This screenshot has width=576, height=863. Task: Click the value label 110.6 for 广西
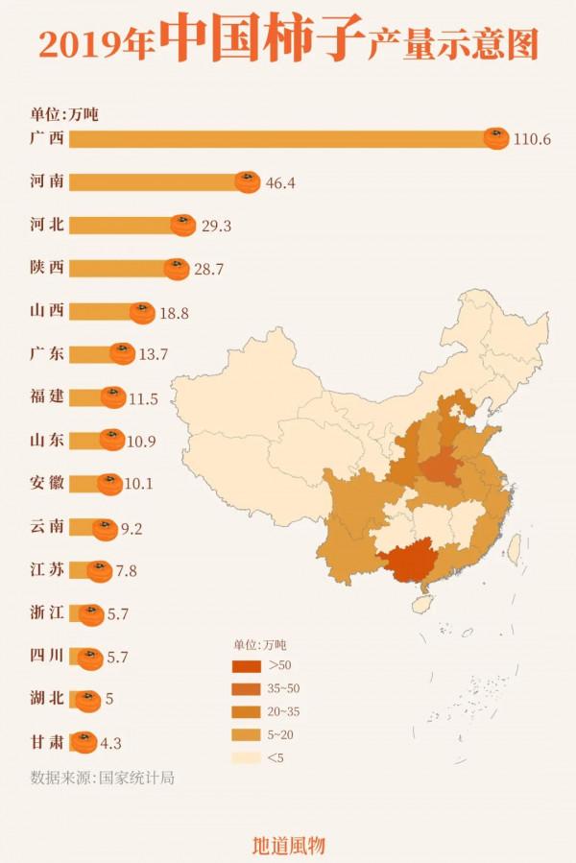tap(532, 139)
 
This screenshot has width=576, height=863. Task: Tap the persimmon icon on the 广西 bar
tap(495, 139)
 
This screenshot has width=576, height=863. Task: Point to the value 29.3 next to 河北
tap(216, 226)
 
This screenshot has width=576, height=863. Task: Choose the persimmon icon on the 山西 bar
tap(142, 312)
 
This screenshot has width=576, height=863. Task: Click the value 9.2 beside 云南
tap(135, 527)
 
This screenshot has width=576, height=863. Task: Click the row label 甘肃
tap(47, 741)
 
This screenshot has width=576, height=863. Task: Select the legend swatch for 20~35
tap(247, 711)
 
